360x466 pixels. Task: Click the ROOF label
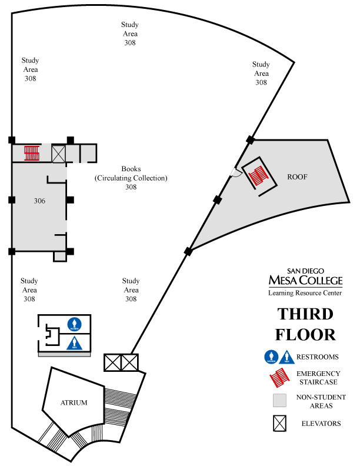click(298, 177)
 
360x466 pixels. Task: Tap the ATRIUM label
click(74, 403)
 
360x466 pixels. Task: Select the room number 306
click(39, 201)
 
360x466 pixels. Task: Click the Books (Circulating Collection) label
click(131, 178)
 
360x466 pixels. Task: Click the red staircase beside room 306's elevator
click(31, 153)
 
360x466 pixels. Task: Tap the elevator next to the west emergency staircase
click(59, 154)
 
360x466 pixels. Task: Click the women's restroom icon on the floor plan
click(74, 324)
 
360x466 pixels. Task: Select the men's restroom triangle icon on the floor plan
click(74, 342)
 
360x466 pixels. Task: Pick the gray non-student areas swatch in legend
click(279, 401)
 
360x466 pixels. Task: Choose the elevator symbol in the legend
click(279, 422)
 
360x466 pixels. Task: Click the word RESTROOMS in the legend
click(318, 357)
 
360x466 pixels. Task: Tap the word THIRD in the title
click(305, 314)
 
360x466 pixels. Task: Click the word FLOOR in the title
click(306, 334)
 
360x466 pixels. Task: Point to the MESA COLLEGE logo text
click(305, 279)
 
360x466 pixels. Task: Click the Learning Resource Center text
click(305, 292)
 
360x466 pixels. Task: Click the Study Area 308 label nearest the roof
click(261, 74)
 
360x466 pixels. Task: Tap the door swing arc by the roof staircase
click(236, 172)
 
